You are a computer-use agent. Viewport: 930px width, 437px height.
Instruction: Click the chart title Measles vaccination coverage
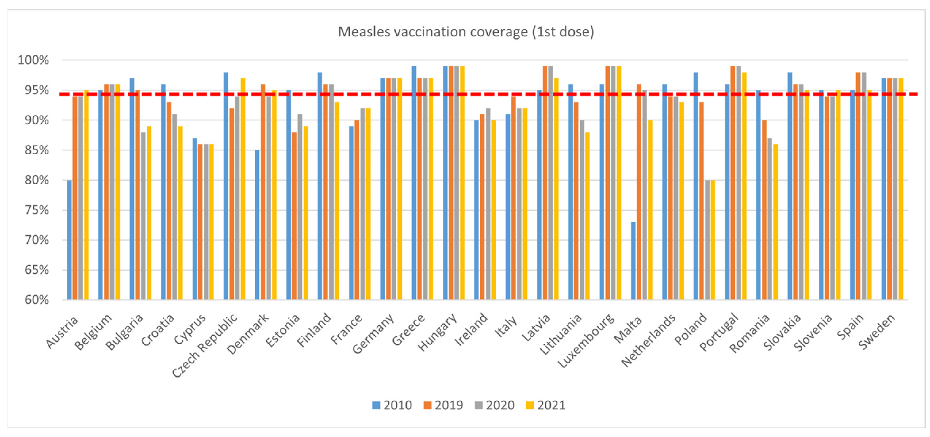pyautogui.click(x=466, y=32)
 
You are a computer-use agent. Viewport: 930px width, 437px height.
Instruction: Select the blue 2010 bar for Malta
pyautogui.click(x=633, y=260)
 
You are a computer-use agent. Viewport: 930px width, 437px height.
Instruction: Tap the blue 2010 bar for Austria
pyautogui.click(x=69, y=240)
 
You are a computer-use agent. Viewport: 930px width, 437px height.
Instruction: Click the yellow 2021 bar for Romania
pyautogui.click(x=775, y=222)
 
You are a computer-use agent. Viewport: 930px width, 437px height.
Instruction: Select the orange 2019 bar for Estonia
pyautogui.click(x=294, y=216)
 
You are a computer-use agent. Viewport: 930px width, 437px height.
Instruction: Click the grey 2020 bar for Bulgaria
pyautogui.click(x=143, y=216)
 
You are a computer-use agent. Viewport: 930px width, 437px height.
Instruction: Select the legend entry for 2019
pyautogui.click(x=443, y=405)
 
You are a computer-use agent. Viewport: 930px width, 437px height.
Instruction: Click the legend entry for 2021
pyautogui.click(x=545, y=405)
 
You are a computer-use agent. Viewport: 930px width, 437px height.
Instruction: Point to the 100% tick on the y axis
pyautogui.click(x=33, y=60)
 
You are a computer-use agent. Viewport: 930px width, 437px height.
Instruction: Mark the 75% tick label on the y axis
pyautogui.click(x=36, y=210)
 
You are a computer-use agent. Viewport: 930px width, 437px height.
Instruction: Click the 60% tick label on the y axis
pyautogui.click(x=36, y=300)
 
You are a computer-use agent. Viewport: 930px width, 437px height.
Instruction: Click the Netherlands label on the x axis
pyautogui.click(x=649, y=340)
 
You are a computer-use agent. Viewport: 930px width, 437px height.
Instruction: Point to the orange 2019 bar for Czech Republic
pyautogui.click(x=232, y=204)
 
